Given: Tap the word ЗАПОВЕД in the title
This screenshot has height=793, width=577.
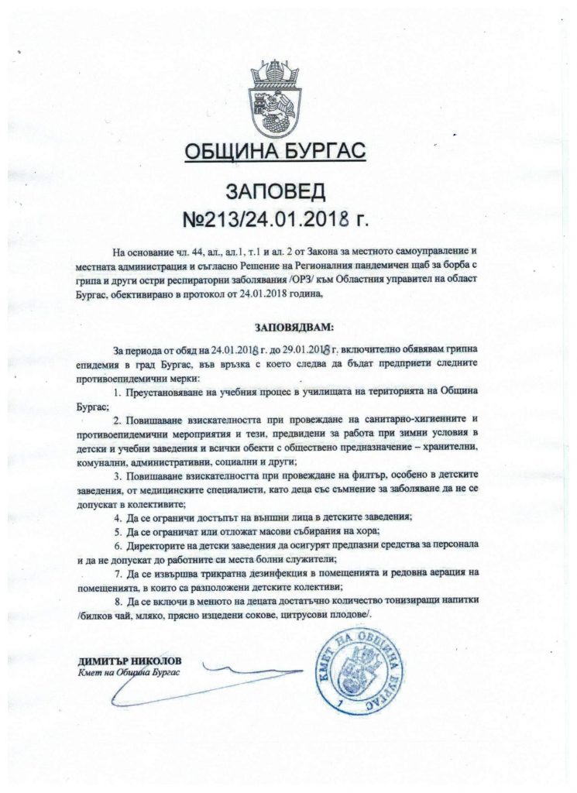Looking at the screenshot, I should click(288, 191).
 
